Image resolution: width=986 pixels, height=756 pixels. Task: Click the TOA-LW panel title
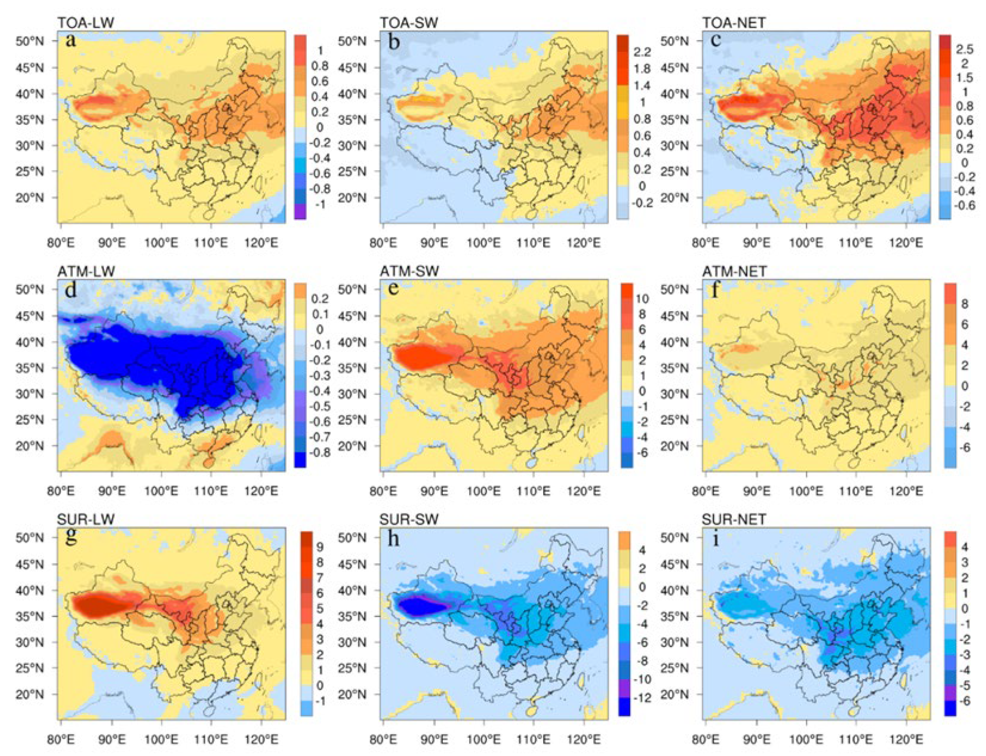point(85,23)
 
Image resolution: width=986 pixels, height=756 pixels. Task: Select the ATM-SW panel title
point(409,271)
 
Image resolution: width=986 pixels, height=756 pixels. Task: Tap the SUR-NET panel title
point(733,520)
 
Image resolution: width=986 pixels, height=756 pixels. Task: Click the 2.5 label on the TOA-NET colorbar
point(964,49)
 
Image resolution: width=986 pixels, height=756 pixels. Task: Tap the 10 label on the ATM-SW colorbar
point(642,298)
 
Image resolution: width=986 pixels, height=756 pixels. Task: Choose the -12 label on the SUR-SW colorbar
point(641,698)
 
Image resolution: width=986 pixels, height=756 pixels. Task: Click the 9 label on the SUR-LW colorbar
point(320,547)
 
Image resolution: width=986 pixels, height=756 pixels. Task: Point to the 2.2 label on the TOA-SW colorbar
point(642,52)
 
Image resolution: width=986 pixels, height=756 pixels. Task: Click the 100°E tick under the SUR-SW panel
point(484,739)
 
